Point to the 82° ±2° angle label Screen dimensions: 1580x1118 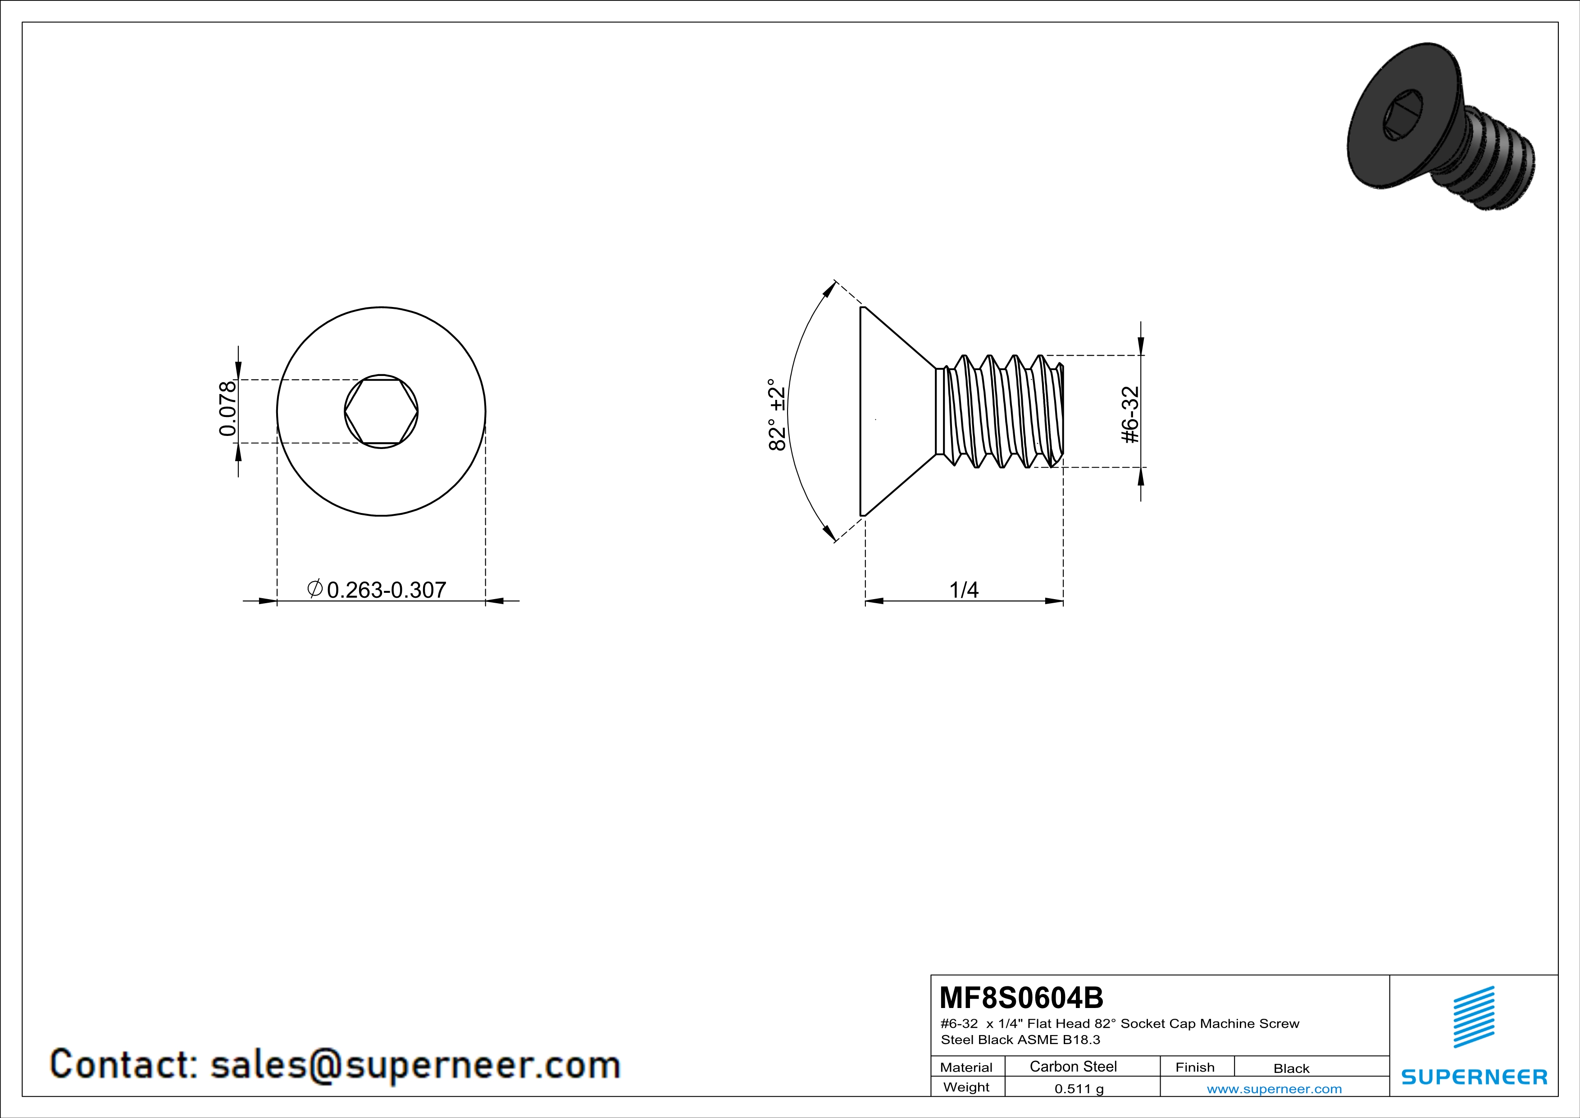[x=777, y=414]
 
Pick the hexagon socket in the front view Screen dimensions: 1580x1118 [x=381, y=412]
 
